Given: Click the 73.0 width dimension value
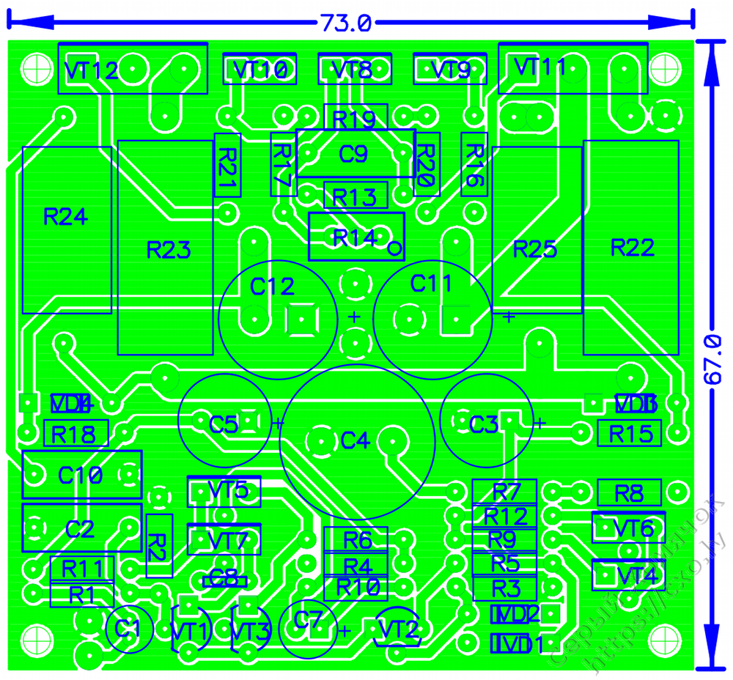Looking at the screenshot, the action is (345, 23).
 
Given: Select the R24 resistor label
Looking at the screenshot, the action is (65, 217).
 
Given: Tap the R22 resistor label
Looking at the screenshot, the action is (632, 248).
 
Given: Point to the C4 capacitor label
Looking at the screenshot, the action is (354, 441).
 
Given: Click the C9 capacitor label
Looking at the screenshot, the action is (353, 155).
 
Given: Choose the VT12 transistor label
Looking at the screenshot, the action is (91, 71).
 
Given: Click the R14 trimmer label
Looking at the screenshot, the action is (355, 237).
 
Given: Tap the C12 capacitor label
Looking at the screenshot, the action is (272, 287).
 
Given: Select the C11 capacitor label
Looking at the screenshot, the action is (432, 283).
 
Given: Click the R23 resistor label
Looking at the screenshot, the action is (169, 251).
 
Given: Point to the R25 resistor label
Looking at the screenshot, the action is (535, 249).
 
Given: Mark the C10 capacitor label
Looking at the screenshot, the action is (81, 475).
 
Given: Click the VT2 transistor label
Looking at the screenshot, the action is (399, 629).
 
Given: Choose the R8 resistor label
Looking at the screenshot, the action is (629, 493).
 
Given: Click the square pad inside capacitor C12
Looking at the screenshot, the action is (300, 319).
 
